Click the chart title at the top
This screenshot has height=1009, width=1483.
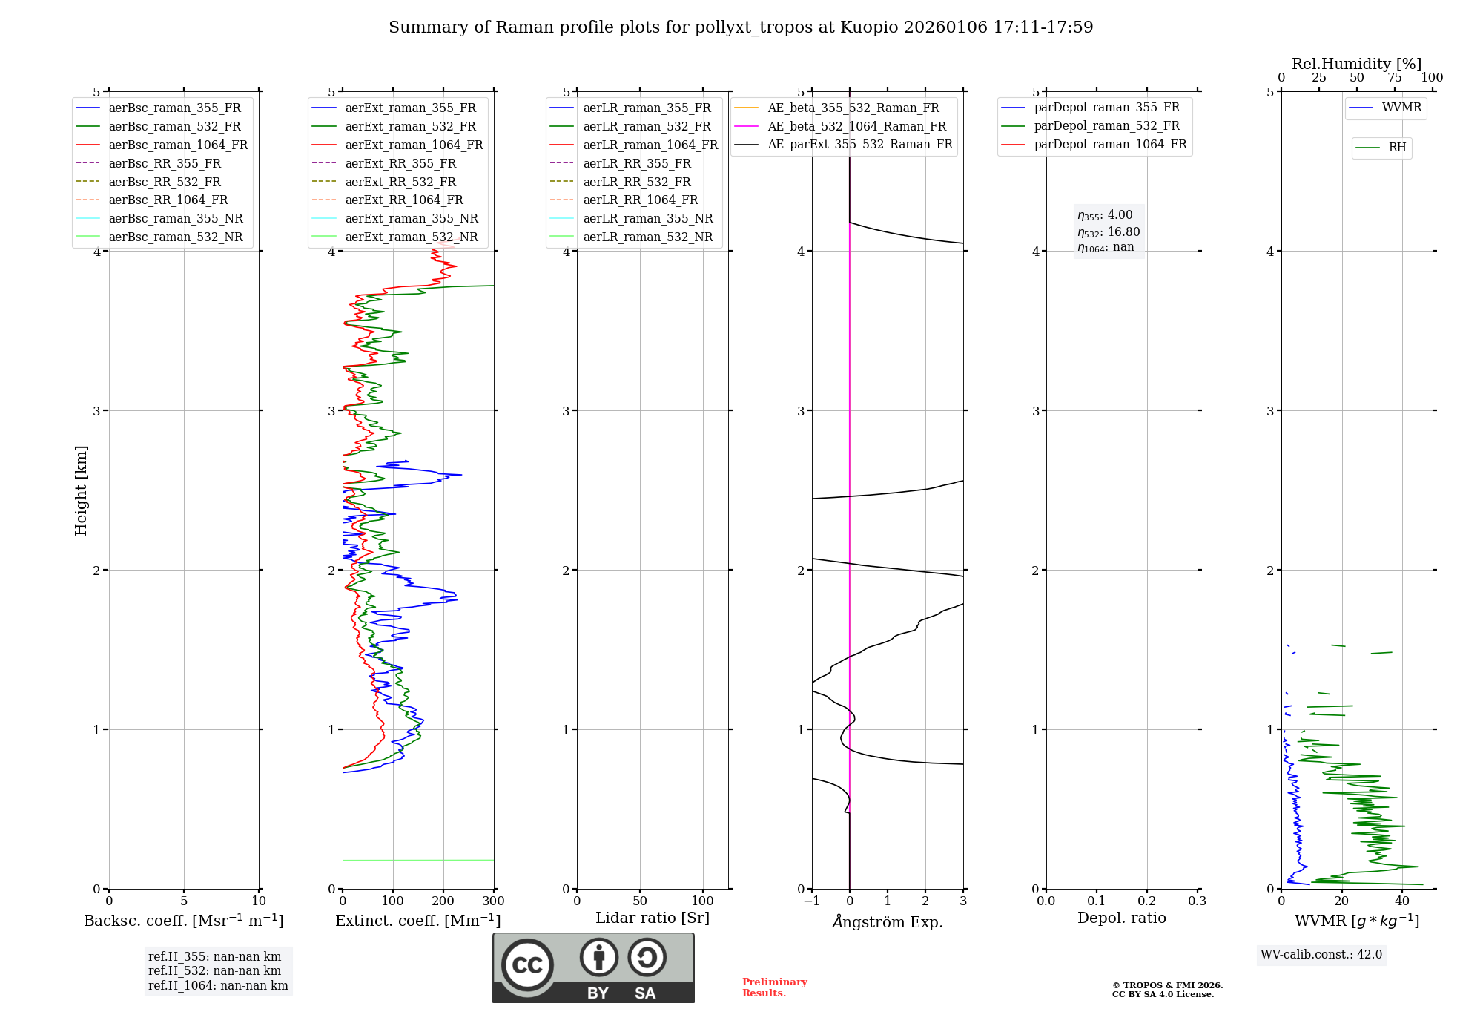(x=741, y=27)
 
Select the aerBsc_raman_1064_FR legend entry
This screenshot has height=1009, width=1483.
(x=178, y=145)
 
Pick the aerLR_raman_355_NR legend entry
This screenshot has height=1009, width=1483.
(x=647, y=218)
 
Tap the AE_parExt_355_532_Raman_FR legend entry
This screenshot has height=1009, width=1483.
(x=859, y=144)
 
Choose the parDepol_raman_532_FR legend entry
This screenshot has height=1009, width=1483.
(x=1106, y=126)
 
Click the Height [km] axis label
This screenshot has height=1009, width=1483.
(x=81, y=490)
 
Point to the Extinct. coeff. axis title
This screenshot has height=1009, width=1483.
(x=418, y=921)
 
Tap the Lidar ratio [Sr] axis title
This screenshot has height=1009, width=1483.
(x=653, y=918)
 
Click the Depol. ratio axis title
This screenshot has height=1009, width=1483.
(x=1121, y=918)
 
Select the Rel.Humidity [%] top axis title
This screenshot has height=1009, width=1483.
(x=1356, y=64)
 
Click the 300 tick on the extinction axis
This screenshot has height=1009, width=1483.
(x=493, y=901)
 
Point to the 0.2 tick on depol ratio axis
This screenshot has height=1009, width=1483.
(x=1147, y=901)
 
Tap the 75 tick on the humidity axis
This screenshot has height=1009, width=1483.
(x=1395, y=78)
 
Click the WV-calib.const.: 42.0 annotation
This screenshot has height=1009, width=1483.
(x=1321, y=954)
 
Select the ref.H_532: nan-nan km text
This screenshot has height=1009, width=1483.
(x=214, y=970)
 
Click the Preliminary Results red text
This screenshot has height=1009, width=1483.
(x=774, y=987)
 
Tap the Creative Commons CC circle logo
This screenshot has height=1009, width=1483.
(x=527, y=965)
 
